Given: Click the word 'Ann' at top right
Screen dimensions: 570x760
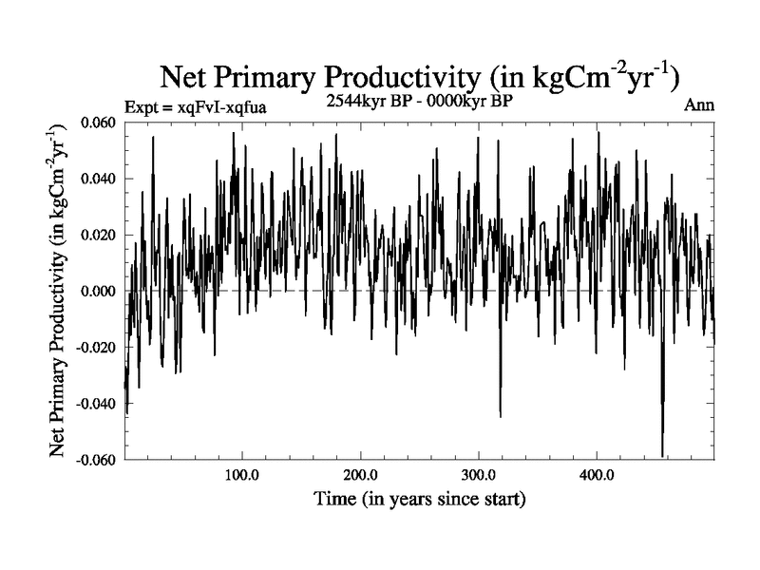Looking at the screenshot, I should pyautogui.click(x=699, y=104).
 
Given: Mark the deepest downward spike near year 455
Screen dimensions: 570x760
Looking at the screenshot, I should pyautogui.click(x=662, y=454).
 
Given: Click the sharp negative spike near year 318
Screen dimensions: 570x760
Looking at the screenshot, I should pyautogui.click(x=500, y=414).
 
